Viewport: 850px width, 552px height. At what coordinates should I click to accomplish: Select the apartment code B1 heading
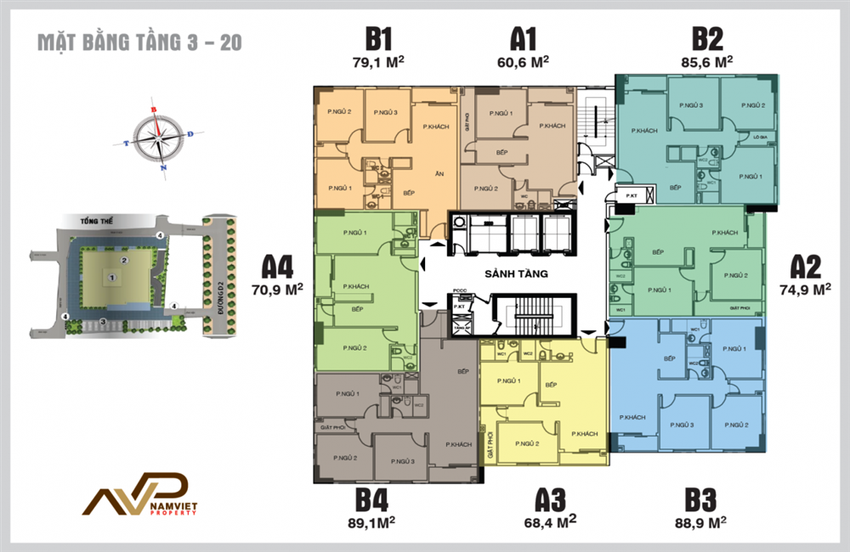(x=377, y=39)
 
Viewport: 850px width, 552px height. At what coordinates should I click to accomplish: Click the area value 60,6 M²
(x=523, y=61)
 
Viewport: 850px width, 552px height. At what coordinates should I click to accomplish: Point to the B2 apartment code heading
(x=706, y=39)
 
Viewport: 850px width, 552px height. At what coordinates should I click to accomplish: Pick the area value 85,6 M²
(x=706, y=61)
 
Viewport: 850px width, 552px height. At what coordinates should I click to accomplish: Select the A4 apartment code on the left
(x=278, y=268)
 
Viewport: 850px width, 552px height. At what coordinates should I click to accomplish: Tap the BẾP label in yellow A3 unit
(x=551, y=385)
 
